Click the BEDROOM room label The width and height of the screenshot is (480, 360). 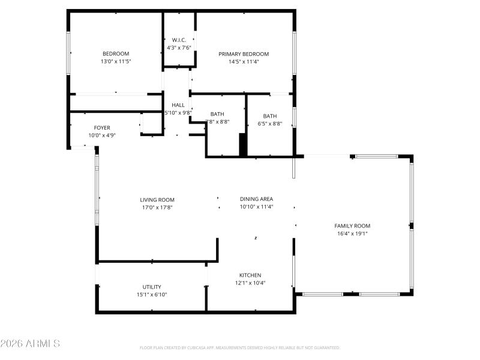[116, 53]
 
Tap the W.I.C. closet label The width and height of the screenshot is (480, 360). [179, 40]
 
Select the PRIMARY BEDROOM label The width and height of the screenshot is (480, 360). [244, 53]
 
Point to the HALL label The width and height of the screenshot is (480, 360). [178, 105]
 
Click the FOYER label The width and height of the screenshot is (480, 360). [102, 127]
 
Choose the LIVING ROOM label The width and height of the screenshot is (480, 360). [157, 200]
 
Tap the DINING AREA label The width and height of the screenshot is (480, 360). [256, 199]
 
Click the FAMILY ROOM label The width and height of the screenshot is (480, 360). [352, 226]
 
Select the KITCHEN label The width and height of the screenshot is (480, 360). [250, 275]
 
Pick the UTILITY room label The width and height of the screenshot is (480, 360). [152, 287]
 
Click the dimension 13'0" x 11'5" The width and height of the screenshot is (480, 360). [116, 61]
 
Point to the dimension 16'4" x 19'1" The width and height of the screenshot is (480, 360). [352, 233]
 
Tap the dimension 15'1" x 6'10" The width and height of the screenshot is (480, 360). [152, 295]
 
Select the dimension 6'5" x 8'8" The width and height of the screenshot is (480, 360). [269, 124]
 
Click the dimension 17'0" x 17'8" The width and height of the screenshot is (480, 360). [157, 208]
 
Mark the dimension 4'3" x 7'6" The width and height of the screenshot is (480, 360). [179, 48]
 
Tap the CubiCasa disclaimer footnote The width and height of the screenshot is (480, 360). [239, 347]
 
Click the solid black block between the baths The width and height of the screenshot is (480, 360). [243, 145]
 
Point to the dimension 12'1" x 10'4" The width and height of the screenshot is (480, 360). [250, 283]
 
